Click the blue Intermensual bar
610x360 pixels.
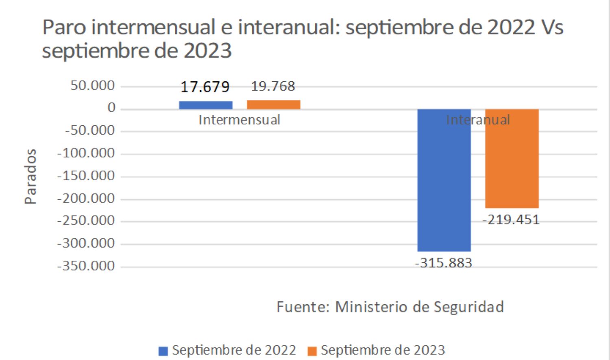tap(206, 105)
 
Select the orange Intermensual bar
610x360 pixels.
tap(273, 105)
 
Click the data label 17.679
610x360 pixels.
tap(205, 87)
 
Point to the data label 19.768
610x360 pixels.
tap(273, 86)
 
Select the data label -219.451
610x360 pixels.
tap(511, 220)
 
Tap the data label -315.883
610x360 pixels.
tap(443, 263)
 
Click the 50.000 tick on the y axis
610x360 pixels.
tap(92, 85)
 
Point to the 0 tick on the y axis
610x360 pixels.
tap(111, 108)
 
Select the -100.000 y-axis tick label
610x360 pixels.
tap(86, 153)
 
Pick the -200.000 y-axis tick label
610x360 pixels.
tap(86, 198)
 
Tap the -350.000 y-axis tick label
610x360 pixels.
tap(86, 266)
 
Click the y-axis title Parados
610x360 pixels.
tap(30, 176)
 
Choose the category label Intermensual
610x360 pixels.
tap(239, 120)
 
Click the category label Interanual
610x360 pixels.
tap(478, 120)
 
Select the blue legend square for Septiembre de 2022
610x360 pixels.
tap(163, 351)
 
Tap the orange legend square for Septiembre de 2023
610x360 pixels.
tap(312, 351)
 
